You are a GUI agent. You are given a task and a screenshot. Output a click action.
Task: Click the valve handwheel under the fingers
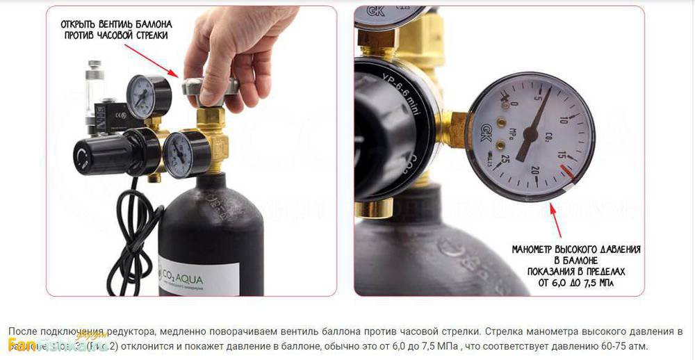click(209, 88)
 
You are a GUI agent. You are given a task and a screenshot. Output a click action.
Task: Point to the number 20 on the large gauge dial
click(534, 172)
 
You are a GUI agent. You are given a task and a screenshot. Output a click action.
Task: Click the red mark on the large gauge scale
click(569, 172)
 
